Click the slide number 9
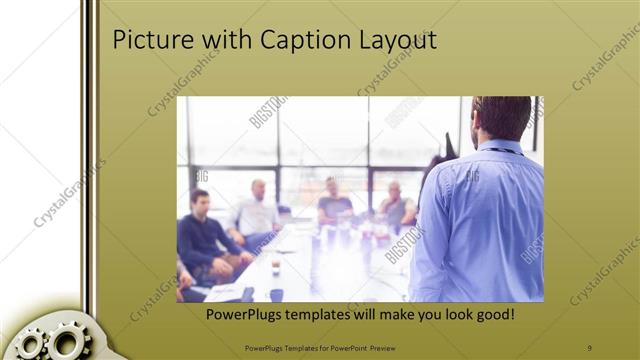[x=590, y=347]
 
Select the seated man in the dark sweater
[x=204, y=236]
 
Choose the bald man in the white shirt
[x=258, y=212]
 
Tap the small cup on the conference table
[x=276, y=267]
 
